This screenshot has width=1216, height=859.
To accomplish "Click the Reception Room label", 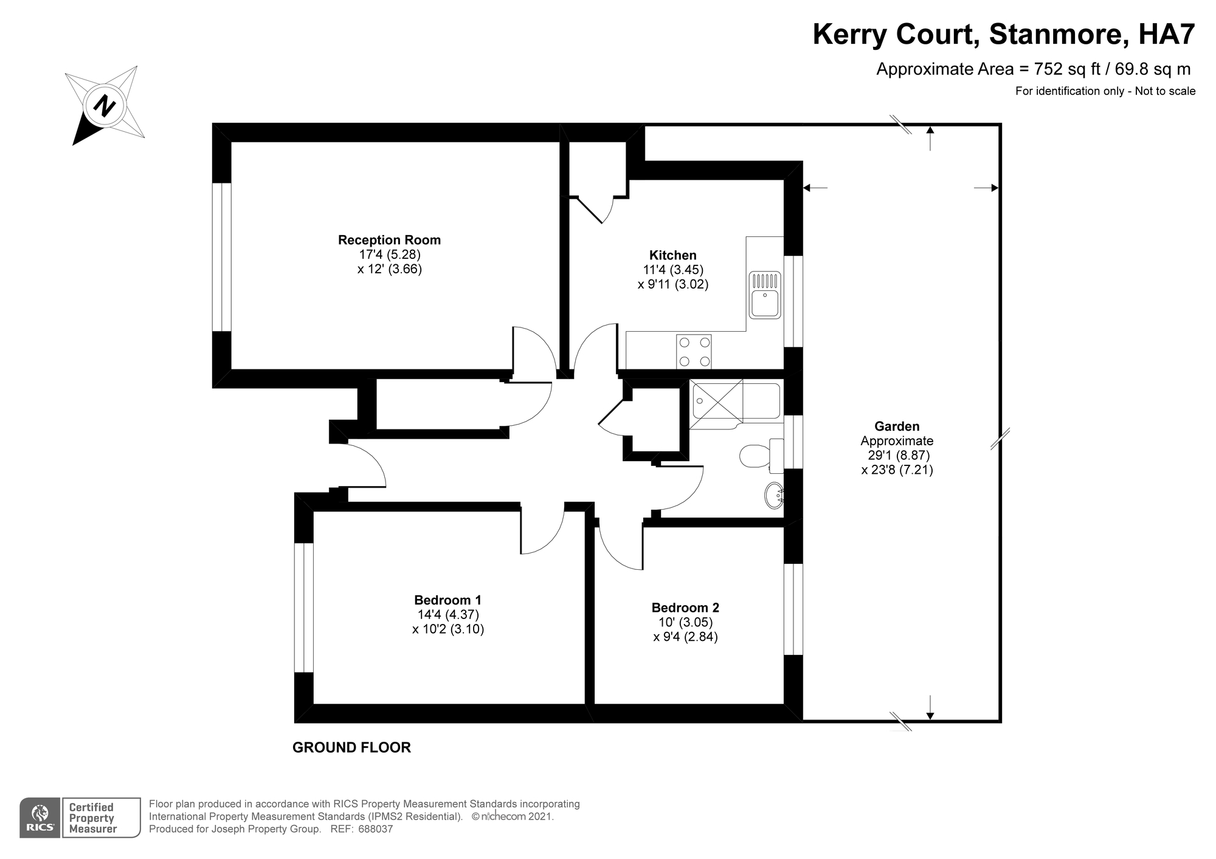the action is point(389,240).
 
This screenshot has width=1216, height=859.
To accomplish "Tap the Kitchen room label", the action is point(673,255).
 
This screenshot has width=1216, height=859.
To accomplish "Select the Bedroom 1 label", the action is point(448,600).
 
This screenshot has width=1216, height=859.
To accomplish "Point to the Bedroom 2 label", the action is point(685,607).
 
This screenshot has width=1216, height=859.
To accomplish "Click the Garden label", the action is point(897,426).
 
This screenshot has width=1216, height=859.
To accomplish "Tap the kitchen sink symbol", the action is point(765,295).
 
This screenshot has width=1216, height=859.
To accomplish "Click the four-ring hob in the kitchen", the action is point(694,351).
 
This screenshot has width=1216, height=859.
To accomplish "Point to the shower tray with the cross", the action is point(716,401).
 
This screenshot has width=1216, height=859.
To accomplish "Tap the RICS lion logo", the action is point(40,818).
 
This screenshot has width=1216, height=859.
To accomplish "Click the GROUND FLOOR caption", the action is point(351,747).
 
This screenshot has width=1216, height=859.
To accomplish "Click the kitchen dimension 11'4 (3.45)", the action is point(673,270).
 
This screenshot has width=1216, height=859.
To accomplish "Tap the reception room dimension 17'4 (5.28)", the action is point(389,255).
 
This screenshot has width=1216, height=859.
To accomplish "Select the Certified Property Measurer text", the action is point(92,818).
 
